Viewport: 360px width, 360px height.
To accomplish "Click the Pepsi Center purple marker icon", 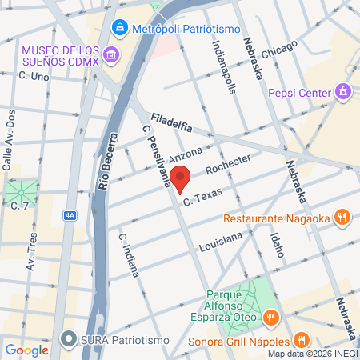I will point(344,93).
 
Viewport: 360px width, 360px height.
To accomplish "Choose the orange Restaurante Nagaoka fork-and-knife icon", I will point(342,217).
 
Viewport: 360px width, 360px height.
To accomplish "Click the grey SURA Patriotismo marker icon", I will point(70,339).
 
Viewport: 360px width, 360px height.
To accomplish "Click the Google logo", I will point(26,350).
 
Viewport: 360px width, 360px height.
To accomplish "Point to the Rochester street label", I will point(228,164).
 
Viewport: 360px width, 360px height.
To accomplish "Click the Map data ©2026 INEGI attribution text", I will point(313,354).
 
